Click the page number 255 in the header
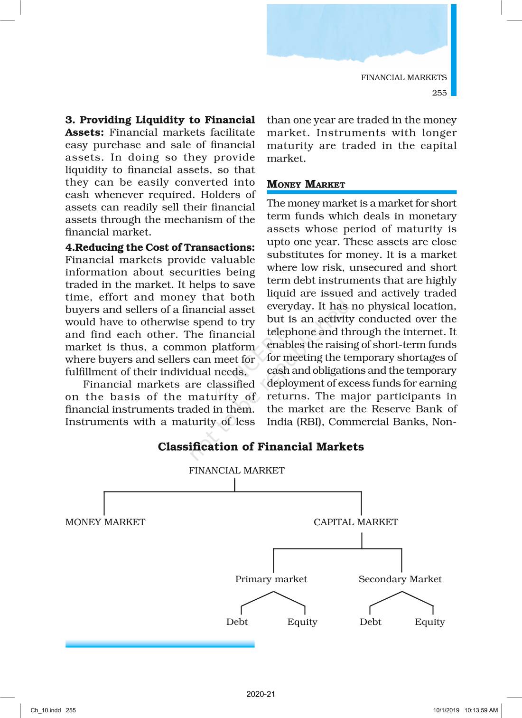pos(439,93)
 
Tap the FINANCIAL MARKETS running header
pos(403,77)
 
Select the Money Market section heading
pos(306,184)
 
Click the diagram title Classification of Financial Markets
pos(261,447)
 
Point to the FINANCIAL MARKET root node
pos(236,471)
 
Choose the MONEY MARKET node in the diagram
pos(105,522)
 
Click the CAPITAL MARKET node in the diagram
pos(355,522)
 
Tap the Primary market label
pos(271,579)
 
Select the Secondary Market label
pos(400,579)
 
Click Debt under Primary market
pos(237,622)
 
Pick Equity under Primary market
pos(302,622)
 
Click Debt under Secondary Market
pos(370,622)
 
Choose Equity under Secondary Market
pos(429,622)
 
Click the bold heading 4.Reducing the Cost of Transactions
pos(160,247)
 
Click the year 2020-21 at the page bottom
pos(261,694)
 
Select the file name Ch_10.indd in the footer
pos(46,710)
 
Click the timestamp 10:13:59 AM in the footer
pos(481,710)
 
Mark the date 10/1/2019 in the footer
pos(446,710)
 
